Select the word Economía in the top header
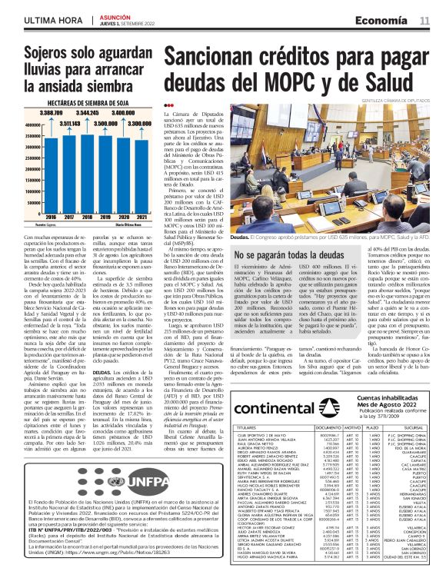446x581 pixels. pyautogui.click(x=386, y=21)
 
